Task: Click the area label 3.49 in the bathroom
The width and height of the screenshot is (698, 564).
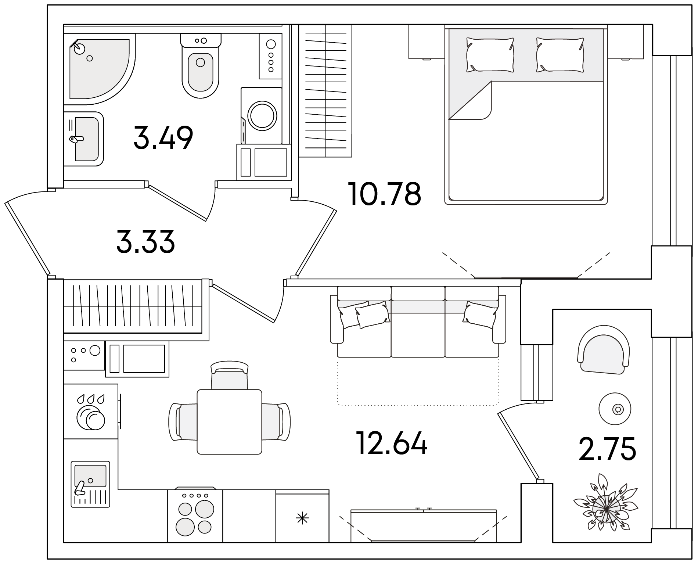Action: click(x=163, y=138)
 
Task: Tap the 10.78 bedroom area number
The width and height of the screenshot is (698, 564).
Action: click(x=385, y=194)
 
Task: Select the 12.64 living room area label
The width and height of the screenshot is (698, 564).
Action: click(x=392, y=443)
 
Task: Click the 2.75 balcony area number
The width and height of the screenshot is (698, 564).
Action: click(x=607, y=448)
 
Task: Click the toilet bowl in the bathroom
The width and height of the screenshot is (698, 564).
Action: click(x=201, y=66)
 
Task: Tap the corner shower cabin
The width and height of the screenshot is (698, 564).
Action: click(x=100, y=67)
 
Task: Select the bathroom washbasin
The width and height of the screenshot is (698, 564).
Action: click(x=84, y=139)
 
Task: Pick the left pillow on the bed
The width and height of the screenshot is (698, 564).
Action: click(x=490, y=55)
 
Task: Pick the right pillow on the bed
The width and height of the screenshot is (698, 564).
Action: click(x=560, y=55)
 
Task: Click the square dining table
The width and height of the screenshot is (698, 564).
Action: click(x=230, y=422)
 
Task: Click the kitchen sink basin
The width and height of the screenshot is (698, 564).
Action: click(x=90, y=475)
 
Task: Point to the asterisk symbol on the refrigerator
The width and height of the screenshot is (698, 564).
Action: click(x=302, y=518)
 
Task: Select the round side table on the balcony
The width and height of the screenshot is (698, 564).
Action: click(x=615, y=409)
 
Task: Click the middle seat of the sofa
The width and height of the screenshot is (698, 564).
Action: click(x=418, y=322)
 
